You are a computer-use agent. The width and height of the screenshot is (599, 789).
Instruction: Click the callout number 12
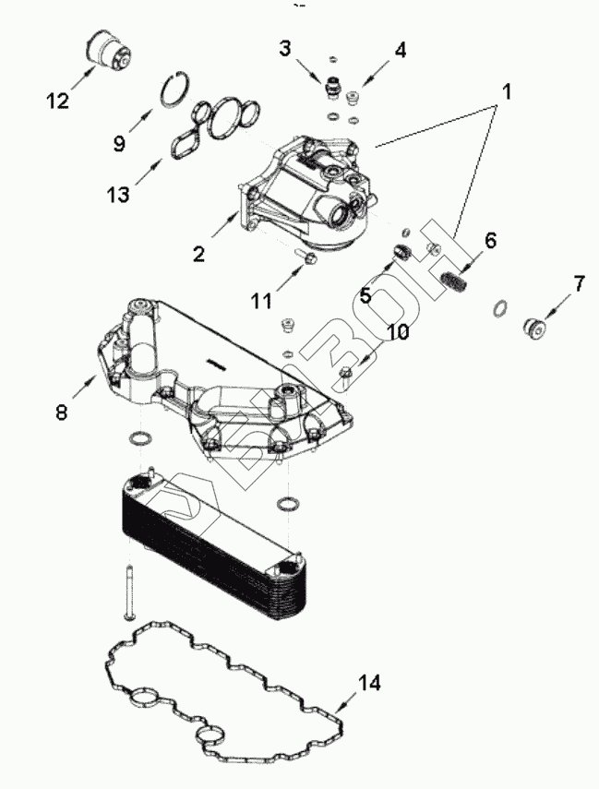coord(57,101)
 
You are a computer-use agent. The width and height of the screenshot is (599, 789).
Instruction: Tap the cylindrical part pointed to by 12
coord(108,51)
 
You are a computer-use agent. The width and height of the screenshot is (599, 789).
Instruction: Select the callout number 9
coord(119,144)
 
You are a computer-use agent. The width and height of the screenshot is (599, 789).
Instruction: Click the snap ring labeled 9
coord(176,90)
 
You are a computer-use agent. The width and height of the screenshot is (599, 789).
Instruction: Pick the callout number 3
coord(285,49)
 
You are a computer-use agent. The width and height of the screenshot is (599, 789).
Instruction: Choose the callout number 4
coord(401,51)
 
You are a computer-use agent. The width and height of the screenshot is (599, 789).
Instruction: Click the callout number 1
coord(507,92)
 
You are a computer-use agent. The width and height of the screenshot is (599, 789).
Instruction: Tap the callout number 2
coord(198,254)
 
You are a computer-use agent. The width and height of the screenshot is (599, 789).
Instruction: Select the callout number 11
coord(262,301)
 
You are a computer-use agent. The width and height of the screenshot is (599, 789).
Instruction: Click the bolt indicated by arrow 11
coord(305,257)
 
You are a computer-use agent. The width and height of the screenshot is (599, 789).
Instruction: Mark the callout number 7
coord(580,284)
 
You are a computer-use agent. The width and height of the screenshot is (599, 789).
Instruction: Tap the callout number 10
coord(398,331)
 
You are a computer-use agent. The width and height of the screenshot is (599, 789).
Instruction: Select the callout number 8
coord(61,412)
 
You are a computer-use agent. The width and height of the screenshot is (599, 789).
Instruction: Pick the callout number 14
coord(369,683)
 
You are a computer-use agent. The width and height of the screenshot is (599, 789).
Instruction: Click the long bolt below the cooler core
coord(128,592)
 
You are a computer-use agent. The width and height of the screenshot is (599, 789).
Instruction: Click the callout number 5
coord(365,295)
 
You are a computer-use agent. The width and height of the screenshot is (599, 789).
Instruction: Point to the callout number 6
coord(490,240)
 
